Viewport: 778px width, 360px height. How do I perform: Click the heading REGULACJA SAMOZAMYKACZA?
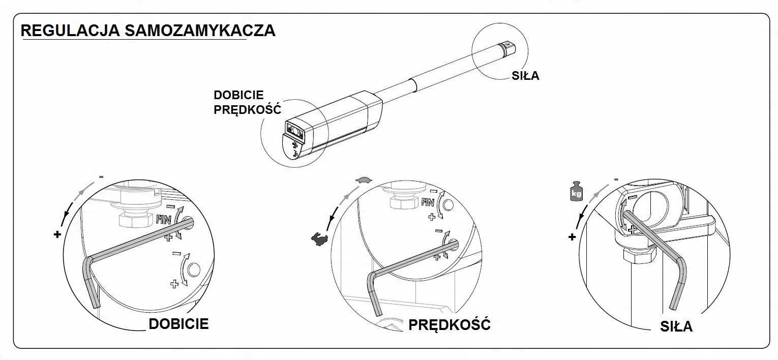pos(148,31)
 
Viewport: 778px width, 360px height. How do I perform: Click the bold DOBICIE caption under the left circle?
pos(178,324)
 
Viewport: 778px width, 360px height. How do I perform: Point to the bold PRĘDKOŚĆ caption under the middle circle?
pos(450,324)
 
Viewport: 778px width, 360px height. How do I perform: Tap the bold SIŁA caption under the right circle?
pos(676,326)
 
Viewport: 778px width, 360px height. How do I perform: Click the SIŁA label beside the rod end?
pos(525,76)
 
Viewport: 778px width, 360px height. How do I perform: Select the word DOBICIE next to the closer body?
pos(238,95)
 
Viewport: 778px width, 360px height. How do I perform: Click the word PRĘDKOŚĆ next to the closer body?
pos(247,109)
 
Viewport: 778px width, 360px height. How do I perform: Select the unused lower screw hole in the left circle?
pos(194,269)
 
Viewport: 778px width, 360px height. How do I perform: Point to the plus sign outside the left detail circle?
pos(56,234)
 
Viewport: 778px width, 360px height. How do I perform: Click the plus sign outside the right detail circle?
pos(573,236)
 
